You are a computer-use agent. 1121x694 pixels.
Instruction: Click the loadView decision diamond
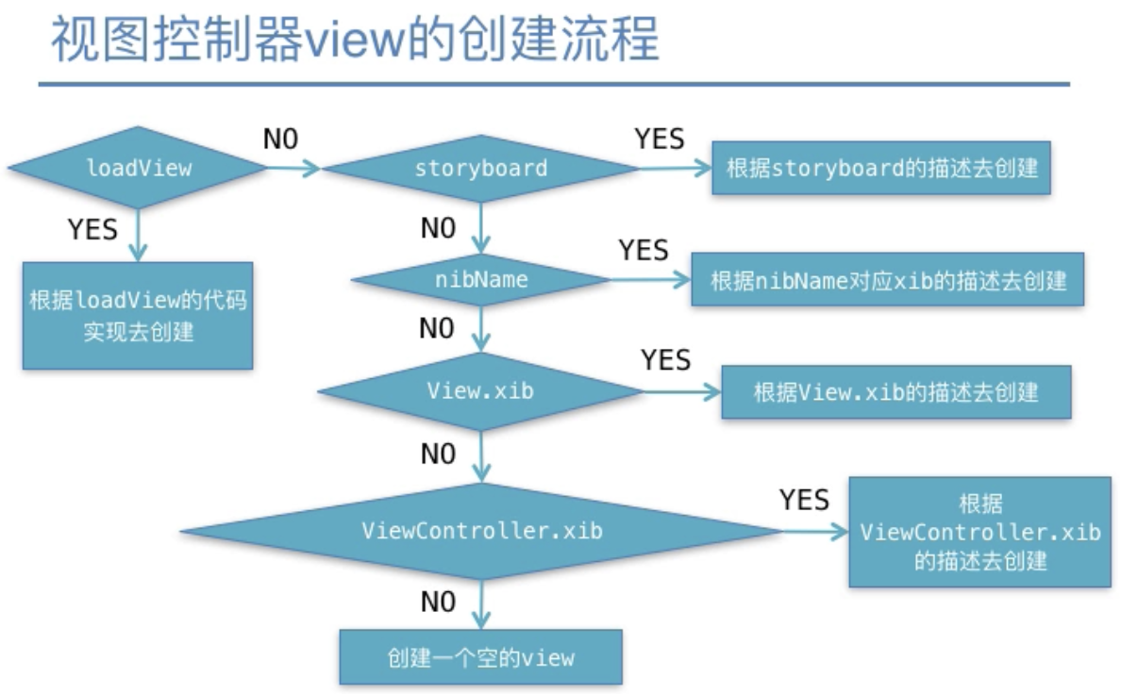pos(137,168)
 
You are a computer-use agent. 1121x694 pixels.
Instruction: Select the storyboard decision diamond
pos(480,169)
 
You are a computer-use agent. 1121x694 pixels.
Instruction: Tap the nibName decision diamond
pos(481,279)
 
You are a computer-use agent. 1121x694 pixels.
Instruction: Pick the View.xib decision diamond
pos(480,391)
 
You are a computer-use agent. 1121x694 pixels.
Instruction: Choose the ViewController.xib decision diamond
pos(482,531)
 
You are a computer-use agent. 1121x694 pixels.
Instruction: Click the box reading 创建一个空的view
pos(480,657)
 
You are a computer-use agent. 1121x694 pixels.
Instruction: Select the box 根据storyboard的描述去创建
pos(880,168)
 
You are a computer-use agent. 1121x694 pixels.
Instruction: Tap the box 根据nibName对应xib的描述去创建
pos(887,279)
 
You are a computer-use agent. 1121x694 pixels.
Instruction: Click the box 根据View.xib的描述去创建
pos(895,391)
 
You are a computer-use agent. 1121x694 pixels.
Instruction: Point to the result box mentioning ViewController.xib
pos(979,532)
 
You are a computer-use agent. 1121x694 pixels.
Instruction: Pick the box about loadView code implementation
pos(137,315)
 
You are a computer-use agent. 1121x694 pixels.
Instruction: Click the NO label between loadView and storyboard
pos(280,139)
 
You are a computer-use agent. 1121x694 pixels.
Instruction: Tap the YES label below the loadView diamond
pos(92,229)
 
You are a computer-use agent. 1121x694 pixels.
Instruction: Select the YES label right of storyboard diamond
pos(660,139)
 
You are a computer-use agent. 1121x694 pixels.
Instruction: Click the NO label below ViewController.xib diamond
pos(438,602)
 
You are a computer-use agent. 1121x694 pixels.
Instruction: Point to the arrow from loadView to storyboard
pos(293,169)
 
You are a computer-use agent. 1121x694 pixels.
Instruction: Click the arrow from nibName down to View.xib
pos(481,329)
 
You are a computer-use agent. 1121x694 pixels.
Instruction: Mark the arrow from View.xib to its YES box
pos(682,391)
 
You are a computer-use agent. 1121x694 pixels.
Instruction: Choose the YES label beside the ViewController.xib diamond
pos(804,500)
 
